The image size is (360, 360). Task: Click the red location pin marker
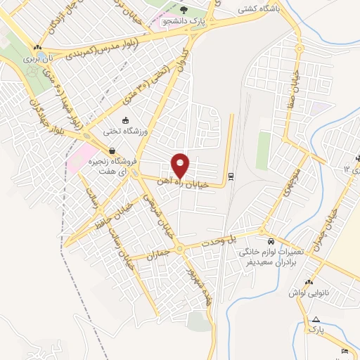pyautogui.click(x=181, y=165)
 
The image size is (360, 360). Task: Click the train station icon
pyautogui.click(x=231, y=176)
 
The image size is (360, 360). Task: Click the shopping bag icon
pyautogui.click(x=112, y=150)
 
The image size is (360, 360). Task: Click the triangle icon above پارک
pyautogui.click(x=316, y=319)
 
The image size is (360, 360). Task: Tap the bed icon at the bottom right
pyautogui.click(x=344, y=351)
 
